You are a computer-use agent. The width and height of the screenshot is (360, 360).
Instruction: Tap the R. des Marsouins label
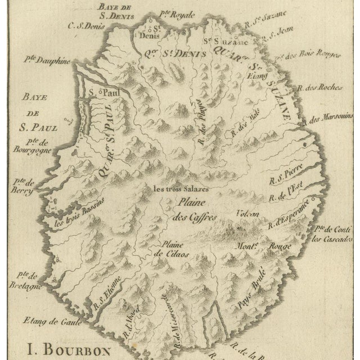pos(329,119)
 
